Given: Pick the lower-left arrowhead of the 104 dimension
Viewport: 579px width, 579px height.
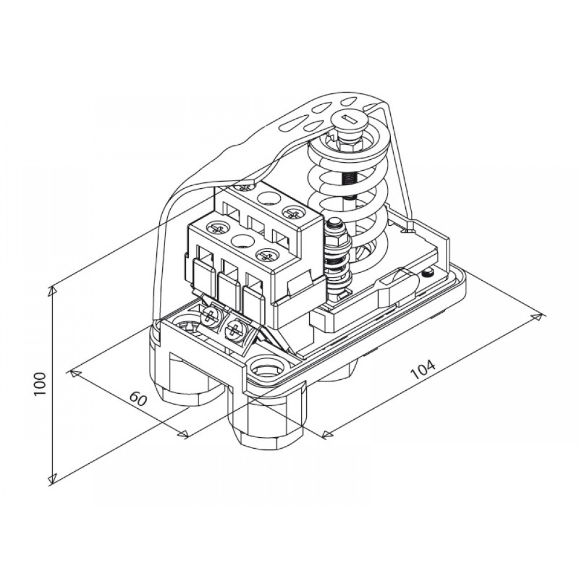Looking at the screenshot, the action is pyautogui.click(x=328, y=434).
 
